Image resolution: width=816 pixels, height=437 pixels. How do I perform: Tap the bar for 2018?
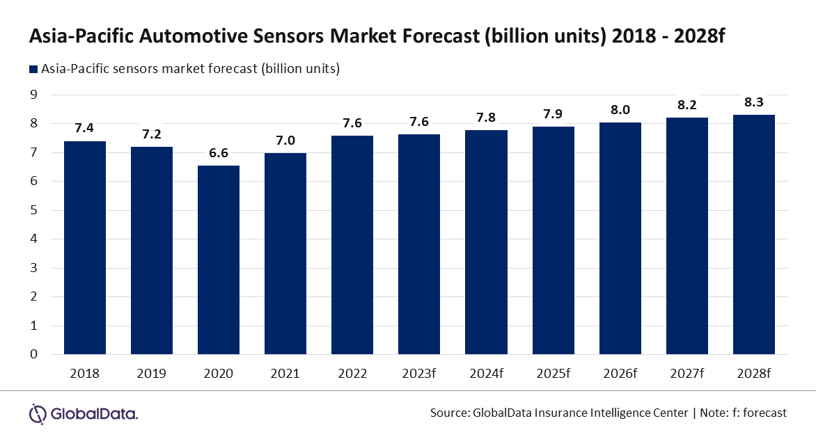coord(85,248)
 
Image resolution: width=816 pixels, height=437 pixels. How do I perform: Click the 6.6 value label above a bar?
coord(219,153)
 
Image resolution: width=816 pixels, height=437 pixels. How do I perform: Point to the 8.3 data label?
coord(754,102)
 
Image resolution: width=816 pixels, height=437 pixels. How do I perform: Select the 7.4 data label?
coord(85,129)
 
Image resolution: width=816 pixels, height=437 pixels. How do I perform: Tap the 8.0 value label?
coord(620,110)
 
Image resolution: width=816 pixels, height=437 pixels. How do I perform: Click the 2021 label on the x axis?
coord(285,374)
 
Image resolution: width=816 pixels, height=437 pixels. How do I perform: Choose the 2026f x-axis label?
coord(620,374)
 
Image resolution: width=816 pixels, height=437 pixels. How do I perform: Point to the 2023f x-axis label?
coord(419,374)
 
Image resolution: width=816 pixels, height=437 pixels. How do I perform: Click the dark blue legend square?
coord(33,69)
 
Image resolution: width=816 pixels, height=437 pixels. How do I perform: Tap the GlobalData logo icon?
coord(38,413)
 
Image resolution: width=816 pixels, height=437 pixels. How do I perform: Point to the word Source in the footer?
coord(448,413)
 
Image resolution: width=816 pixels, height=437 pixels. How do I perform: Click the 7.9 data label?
coord(554,114)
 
